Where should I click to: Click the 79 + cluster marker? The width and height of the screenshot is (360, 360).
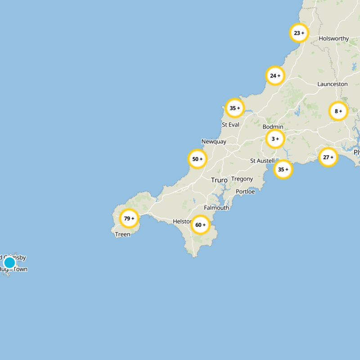(129, 219)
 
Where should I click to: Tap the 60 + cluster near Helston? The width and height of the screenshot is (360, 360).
(201, 225)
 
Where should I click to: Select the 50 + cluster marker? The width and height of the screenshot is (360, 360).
(197, 159)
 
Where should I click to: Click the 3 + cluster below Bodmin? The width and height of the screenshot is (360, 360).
(275, 139)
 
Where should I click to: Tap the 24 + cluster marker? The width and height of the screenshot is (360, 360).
(275, 76)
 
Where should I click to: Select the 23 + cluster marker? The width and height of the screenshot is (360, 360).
(299, 33)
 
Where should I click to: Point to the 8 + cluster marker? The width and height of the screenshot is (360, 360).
(338, 111)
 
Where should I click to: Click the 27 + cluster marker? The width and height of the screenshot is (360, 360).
(328, 157)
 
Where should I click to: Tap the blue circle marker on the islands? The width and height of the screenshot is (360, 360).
(9, 262)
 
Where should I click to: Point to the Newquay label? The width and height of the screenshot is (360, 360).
(214, 141)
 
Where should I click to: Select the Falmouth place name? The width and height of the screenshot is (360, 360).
(216, 207)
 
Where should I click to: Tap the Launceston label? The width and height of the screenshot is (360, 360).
(333, 84)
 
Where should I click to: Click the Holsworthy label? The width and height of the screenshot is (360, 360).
(333, 39)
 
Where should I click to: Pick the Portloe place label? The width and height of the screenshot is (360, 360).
(245, 192)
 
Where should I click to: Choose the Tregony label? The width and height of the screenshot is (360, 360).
(242, 179)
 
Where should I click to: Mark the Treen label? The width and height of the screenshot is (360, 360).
(122, 234)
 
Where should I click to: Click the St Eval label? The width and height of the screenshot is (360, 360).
(230, 125)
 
